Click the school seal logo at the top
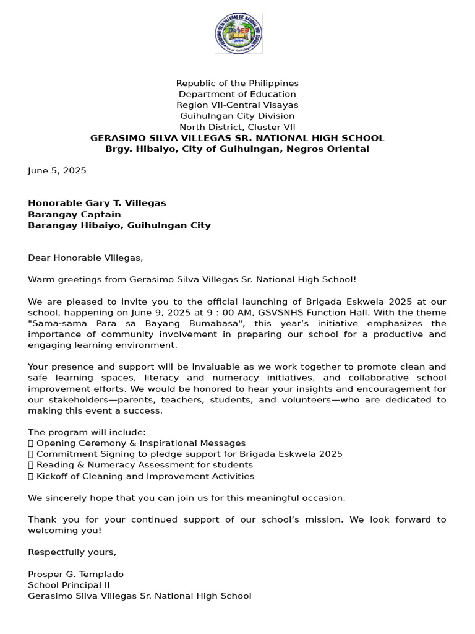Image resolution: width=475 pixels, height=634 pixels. point(238,33)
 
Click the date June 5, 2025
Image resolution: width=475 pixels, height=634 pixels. point(57,170)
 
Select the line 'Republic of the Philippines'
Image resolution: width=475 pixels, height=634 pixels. point(237,83)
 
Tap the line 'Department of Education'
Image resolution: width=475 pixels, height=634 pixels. point(237,94)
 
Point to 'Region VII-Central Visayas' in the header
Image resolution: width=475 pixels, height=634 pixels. point(237,105)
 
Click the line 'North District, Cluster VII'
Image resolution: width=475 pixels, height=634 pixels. point(237,127)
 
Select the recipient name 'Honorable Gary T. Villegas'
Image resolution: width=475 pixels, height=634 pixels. point(97,203)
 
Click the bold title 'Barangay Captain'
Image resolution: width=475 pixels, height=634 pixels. point(74,214)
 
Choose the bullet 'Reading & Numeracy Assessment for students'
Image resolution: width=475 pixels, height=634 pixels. point(145,465)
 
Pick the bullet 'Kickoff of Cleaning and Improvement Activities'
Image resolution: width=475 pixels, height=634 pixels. point(145,476)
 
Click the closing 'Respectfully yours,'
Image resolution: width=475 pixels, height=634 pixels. point(72,552)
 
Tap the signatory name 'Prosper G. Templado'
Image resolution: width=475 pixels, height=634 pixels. point(75,574)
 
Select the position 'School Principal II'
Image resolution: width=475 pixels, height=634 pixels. point(69,585)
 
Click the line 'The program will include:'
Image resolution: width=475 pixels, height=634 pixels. point(87,432)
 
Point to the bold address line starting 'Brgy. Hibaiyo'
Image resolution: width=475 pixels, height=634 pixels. point(237,149)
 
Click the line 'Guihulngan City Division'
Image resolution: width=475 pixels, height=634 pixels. point(237,116)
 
